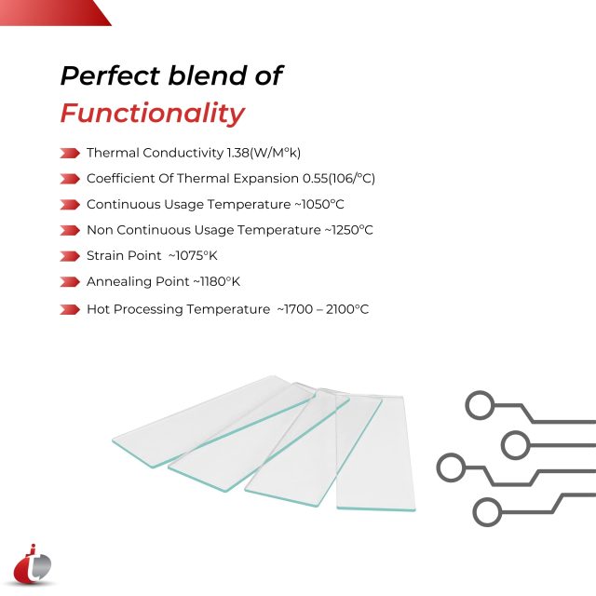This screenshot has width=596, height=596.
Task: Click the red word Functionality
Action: [152, 114]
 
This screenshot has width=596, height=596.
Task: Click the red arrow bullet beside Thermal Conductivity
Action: [69, 153]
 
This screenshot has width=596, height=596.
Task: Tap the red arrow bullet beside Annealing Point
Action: [69, 281]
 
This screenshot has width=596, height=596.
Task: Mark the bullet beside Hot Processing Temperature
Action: [69, 309]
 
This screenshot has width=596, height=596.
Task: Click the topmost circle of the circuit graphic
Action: [480, 405]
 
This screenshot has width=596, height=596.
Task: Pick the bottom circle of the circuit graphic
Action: [486, 511]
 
